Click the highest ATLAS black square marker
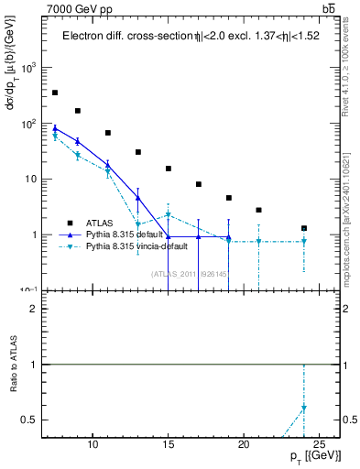[x=55, y=93]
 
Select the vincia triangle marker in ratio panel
[x=304, y=408]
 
